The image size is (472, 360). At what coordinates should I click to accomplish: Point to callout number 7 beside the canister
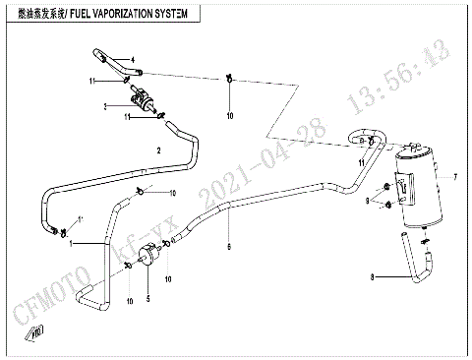coord(456,178)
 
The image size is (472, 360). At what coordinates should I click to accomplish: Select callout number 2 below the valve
coord(157,150)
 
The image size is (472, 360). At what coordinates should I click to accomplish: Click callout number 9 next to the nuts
coord(368,200)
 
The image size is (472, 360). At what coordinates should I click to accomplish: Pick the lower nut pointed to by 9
coord(390,206)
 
